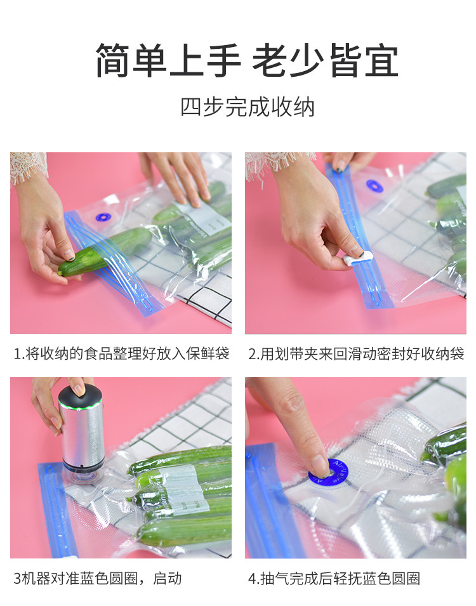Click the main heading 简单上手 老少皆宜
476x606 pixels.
[247, 60]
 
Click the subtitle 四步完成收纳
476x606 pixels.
[248, 107]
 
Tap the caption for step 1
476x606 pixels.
[122, 353]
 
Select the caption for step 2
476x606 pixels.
[356, 353]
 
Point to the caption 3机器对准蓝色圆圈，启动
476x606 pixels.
[98, 579]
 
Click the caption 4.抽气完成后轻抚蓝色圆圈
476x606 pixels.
[334, 579]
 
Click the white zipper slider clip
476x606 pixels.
[358, 258]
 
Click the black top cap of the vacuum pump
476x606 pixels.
[81, 397]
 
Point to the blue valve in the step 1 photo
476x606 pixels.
[103, 218]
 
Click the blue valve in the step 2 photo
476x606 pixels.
[374, 186]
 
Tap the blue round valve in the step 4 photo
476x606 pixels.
[328, 472]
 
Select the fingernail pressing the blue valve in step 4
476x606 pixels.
[319, 465]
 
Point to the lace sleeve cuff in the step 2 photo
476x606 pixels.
[279, 162]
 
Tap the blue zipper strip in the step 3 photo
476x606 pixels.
[56, 510]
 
